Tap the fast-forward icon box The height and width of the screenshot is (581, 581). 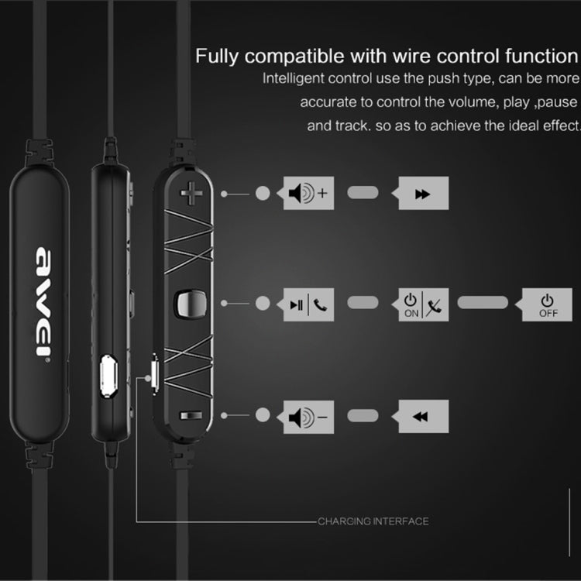423,194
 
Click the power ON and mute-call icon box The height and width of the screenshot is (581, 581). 423,304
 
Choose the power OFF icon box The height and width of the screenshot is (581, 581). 548,304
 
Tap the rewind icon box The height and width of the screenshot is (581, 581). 423,417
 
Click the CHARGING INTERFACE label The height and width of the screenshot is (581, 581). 373,521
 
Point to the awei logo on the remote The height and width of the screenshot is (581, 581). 43,301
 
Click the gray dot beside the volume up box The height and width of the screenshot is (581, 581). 263,194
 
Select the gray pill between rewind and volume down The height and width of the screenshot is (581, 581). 363,417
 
